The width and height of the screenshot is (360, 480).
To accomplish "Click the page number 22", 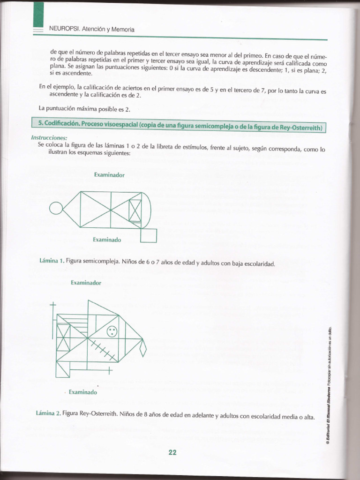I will pos(172,452).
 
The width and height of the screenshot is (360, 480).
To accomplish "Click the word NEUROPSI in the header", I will pos(64,29).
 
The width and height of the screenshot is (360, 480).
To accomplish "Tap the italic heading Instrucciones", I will pos(49,138).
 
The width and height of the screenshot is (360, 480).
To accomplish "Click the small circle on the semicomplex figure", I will pos(55,207).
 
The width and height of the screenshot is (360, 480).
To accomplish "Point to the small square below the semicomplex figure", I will pos(149,235).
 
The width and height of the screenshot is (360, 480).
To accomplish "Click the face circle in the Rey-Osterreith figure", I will pos(112,331).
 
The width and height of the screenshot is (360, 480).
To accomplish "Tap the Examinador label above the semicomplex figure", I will pos(109,175).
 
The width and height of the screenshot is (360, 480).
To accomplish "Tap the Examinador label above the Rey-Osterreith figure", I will pos(86,283).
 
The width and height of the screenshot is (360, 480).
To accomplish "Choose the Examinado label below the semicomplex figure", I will pos(107,240).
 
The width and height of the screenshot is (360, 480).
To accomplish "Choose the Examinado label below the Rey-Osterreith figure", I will pos(83,392).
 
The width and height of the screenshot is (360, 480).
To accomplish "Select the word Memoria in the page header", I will pos(123,29).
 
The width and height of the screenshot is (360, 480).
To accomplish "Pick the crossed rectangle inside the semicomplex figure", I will pos(135,210).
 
